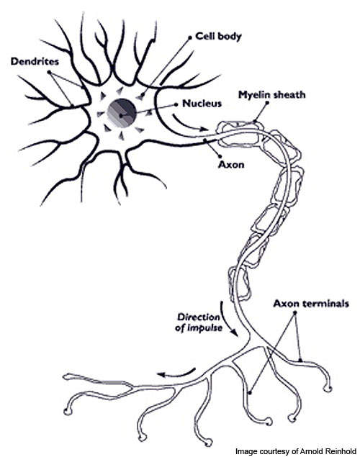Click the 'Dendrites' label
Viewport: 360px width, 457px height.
click(35, 61)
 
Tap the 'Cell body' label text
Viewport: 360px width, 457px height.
click(219, 37)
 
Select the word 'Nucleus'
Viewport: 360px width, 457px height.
click(202, 104)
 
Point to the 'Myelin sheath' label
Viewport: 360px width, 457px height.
click(272, 95)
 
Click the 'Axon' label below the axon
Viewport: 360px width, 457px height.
click(231, 165)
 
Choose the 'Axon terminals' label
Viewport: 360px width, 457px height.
click(311, 304)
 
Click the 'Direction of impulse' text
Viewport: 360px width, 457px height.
click(199, 322)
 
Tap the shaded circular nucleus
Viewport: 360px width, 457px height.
click(122, 113)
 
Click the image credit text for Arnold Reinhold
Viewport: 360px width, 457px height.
click(296, 451)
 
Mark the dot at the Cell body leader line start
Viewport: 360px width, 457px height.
click(190, 37)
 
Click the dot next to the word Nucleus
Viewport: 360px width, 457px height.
click(176, 104)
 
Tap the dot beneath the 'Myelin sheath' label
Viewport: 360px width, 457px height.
click(266, 103)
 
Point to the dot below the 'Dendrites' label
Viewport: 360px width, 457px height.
click(49, 72)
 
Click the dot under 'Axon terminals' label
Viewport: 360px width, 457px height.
click(294, 313)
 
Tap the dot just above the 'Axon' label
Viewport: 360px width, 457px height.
click(220, 156)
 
